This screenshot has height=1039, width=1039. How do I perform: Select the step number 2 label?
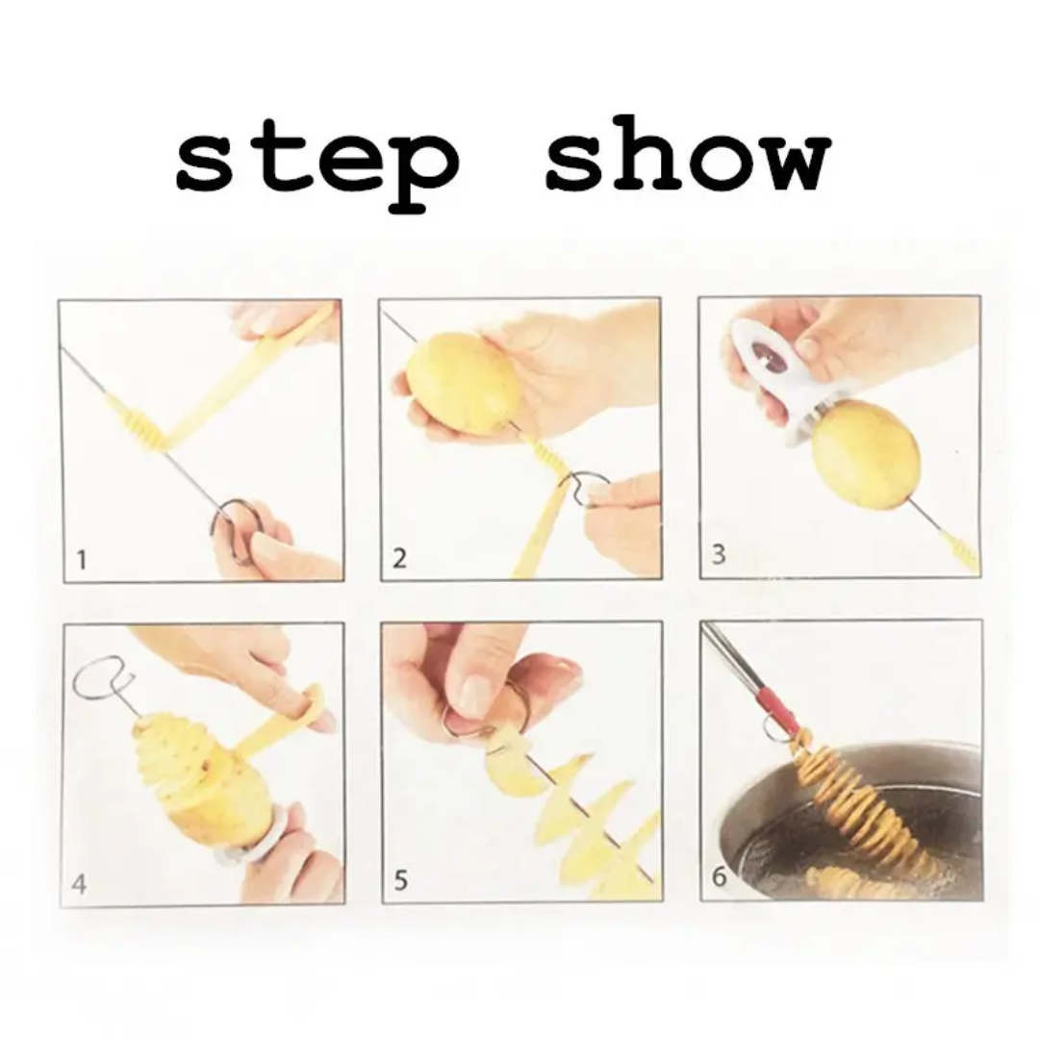pos(399,558)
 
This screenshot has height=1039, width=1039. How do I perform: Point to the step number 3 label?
pos(718,555)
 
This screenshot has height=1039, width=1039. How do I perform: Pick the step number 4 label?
pos(80,882)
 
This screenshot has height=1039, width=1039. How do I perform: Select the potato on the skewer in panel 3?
pos(865,455)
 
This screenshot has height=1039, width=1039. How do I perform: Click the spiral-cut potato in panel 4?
pos(197,779)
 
